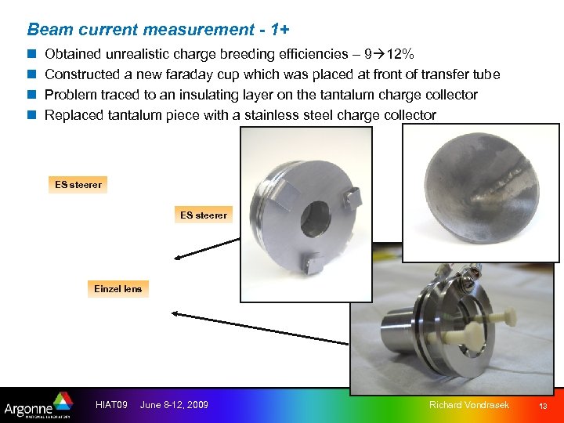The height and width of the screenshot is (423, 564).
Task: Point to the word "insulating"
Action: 206,95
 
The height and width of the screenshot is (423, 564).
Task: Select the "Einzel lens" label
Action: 118,289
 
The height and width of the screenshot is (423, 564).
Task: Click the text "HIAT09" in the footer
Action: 110,404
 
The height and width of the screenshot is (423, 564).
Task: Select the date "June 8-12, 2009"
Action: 174,404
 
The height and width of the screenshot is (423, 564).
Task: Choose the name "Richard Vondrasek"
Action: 468,404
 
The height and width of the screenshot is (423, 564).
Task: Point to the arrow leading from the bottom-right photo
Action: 258,328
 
